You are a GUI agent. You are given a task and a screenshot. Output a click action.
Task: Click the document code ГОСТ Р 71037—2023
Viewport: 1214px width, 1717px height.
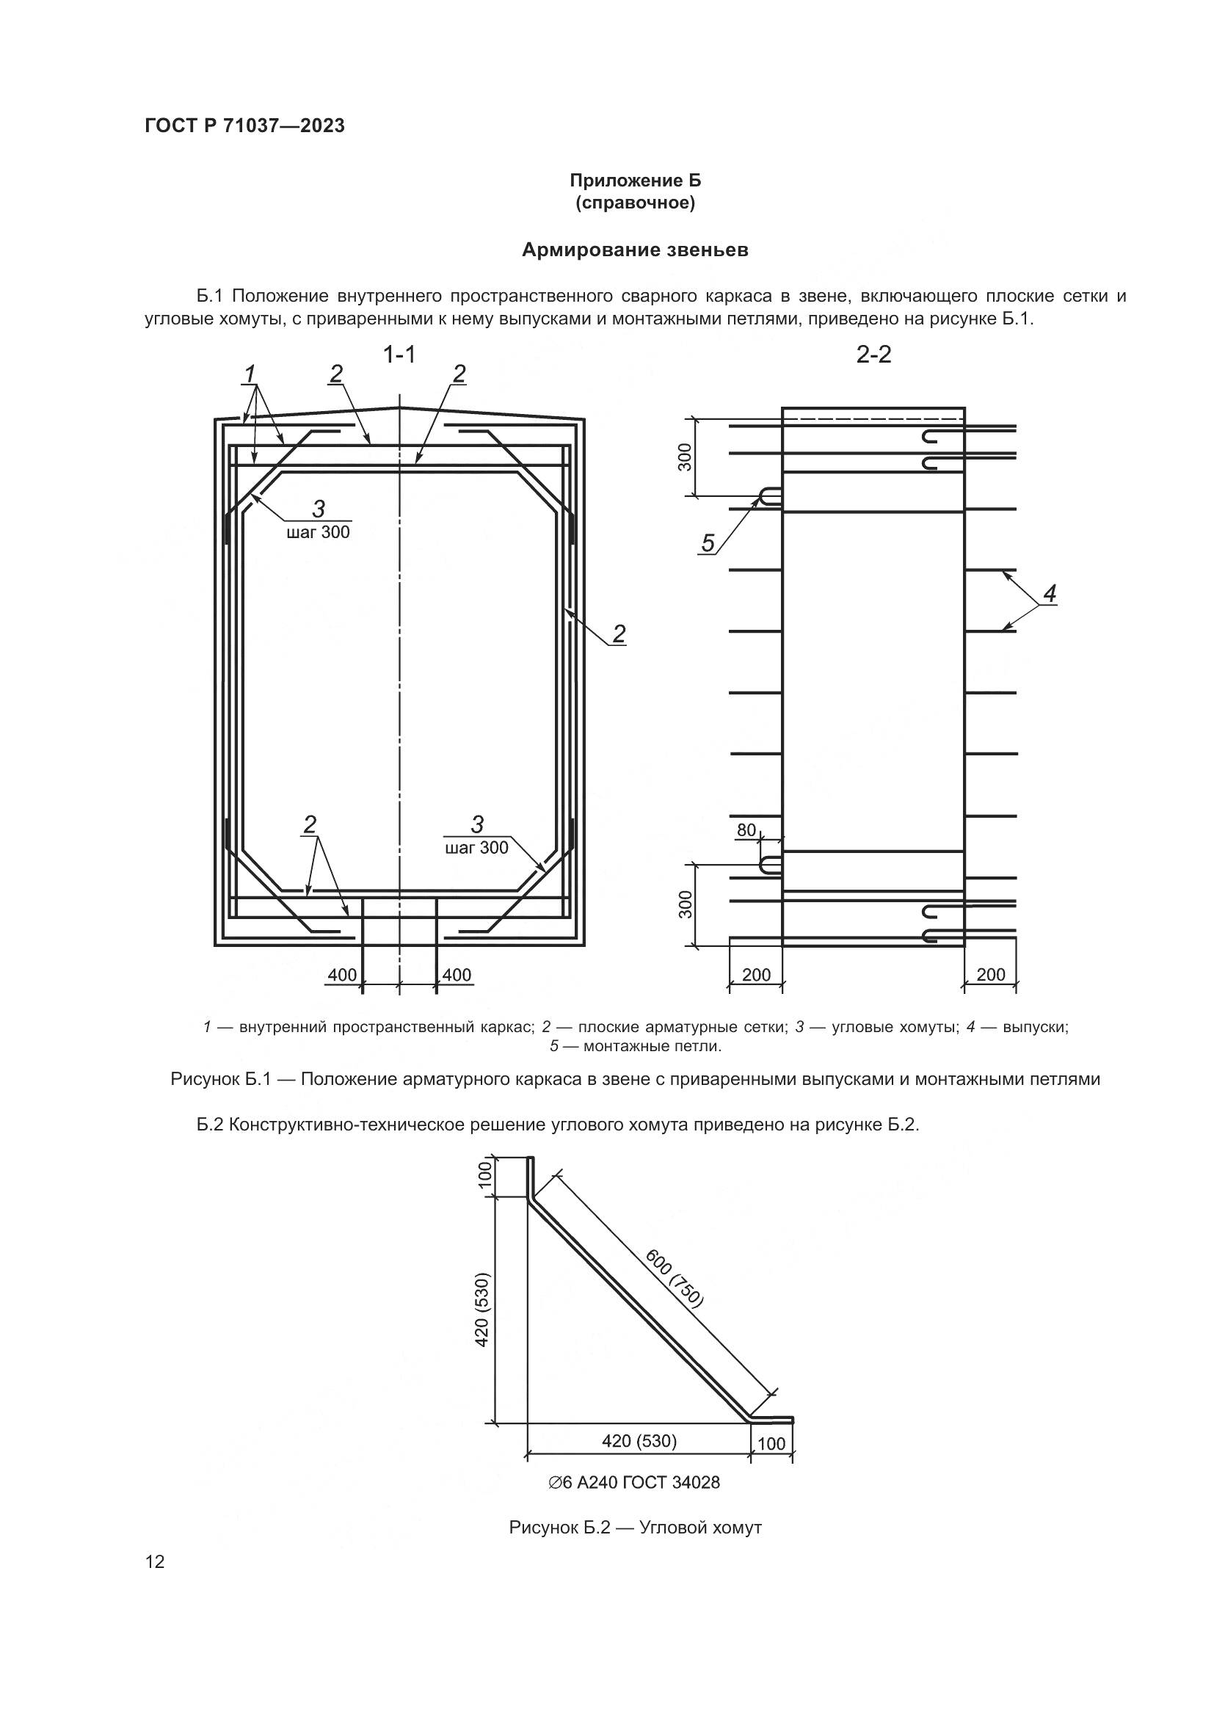pyautogui.click(x=244, y=126)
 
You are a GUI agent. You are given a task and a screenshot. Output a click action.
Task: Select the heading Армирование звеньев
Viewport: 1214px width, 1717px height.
pyautogui.click(x=635, y=250)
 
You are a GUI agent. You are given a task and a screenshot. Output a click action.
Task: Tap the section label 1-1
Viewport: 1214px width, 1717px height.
pyautogui.click(x=399, y=355)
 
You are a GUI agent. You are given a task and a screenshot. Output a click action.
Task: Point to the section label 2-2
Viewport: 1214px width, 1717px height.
pyautogui.click(x=874, y=355)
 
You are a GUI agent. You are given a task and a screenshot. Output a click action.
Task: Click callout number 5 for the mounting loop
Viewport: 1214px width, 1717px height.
pyautogui.click(x=708, y=543)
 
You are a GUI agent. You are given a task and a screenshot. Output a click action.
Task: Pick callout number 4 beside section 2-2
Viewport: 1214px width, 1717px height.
pyautogui.click(x=1050, y=595)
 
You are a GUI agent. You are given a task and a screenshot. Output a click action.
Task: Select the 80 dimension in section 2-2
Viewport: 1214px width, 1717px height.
pyautogui.click(x=746, y=830)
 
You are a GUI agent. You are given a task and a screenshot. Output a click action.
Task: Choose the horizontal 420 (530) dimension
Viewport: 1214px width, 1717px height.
pyautogui.click(x=639, y=1440)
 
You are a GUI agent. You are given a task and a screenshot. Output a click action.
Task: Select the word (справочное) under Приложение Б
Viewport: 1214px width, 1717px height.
pyautogui.click(x=635, y=203)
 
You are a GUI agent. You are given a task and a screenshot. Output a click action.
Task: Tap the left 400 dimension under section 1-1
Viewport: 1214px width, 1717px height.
pyautogui.click(x=342, y=974)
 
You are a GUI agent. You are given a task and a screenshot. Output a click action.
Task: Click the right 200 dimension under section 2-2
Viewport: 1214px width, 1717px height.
pyautogui.click(x=990, y=974)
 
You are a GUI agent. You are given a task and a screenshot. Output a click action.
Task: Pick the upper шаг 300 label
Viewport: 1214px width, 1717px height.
pyautogui.click(x=318, y=532)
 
